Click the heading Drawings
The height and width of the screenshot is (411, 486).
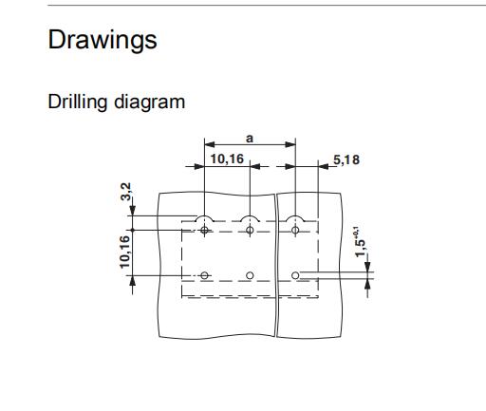pos(103,40)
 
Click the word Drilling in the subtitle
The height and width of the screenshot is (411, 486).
pos(78,103)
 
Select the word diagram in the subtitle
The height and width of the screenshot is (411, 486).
pos(149,103)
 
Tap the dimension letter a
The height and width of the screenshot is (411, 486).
pos(250,139)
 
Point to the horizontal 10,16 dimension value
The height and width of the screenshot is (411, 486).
pos(227,159)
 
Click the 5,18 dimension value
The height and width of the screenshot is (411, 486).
pos(346,159)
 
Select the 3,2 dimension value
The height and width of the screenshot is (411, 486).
pos(126,192)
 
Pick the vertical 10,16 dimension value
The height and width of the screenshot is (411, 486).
pos(125,252)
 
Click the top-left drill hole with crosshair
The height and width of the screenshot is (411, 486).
pos(204,230)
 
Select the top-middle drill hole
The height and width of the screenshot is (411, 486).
pos(250,230)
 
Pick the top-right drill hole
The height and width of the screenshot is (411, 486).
pos(295,230)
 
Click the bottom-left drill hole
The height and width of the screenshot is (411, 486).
pos(204,275)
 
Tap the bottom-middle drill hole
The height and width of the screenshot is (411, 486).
pos(250,275)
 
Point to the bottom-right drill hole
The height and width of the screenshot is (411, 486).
pos(295,275)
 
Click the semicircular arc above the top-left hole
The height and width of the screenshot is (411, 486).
pos(204,216)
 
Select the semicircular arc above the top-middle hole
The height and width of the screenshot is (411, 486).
pos(250,216)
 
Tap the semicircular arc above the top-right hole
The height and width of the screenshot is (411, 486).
pos(295,216)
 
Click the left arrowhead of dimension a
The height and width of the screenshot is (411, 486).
pos(210,145)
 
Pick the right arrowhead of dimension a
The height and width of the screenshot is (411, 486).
pos(290,145)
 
